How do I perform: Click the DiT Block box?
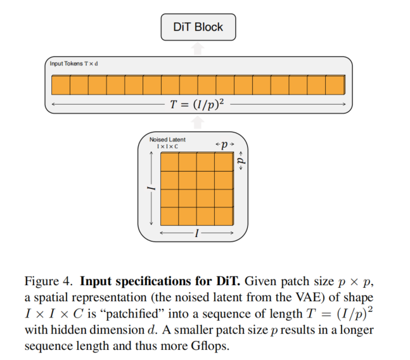(198, 27)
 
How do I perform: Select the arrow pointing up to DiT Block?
(198, 48)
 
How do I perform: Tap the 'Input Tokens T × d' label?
(74, 64)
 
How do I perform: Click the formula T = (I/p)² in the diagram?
(198, 103)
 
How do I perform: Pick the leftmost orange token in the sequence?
(60, 85)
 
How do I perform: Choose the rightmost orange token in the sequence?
(335, 85)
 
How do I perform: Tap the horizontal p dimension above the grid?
(224, 145)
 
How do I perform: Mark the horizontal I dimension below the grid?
(198, 233)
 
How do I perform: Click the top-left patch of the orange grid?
(170, 163)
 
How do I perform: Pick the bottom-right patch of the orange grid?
(224, 215)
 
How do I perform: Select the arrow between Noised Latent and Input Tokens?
(198, 124)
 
